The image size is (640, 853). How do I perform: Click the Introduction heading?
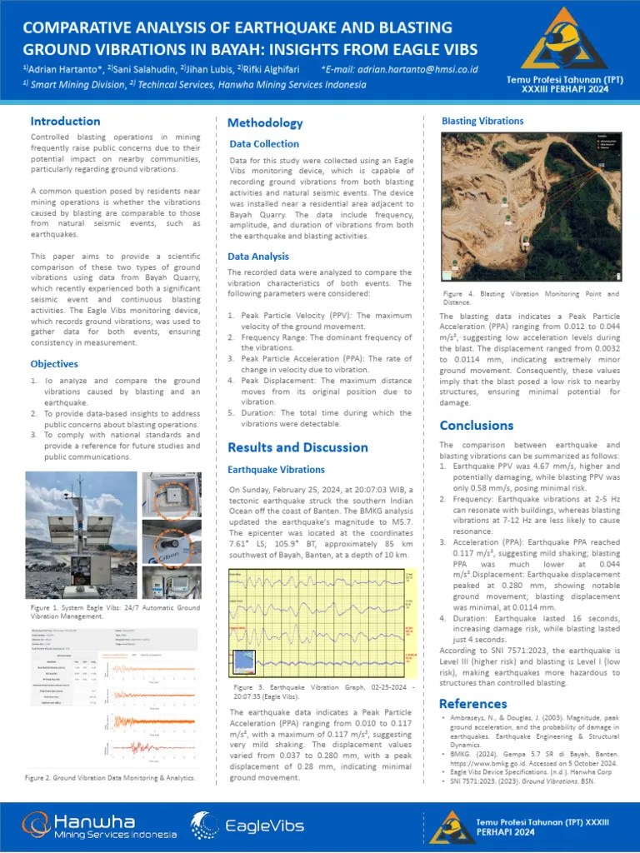coord(65,122)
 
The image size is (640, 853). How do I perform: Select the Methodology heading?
coord(265,123)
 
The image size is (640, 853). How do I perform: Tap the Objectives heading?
coord(54,364)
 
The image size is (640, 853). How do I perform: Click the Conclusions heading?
coord(476,426)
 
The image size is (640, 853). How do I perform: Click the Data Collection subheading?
coord(264,144)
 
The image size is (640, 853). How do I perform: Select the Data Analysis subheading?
coord(258,257)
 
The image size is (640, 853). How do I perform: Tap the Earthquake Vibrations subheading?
coord(276,470)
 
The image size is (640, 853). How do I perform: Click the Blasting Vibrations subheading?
coord(482,121)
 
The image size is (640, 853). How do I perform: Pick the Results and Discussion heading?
coord(297,447)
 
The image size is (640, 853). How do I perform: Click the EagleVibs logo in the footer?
coord(230,826)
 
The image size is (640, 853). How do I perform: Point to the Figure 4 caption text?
coord(530,298)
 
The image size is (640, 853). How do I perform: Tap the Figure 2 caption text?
coord(110,777)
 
